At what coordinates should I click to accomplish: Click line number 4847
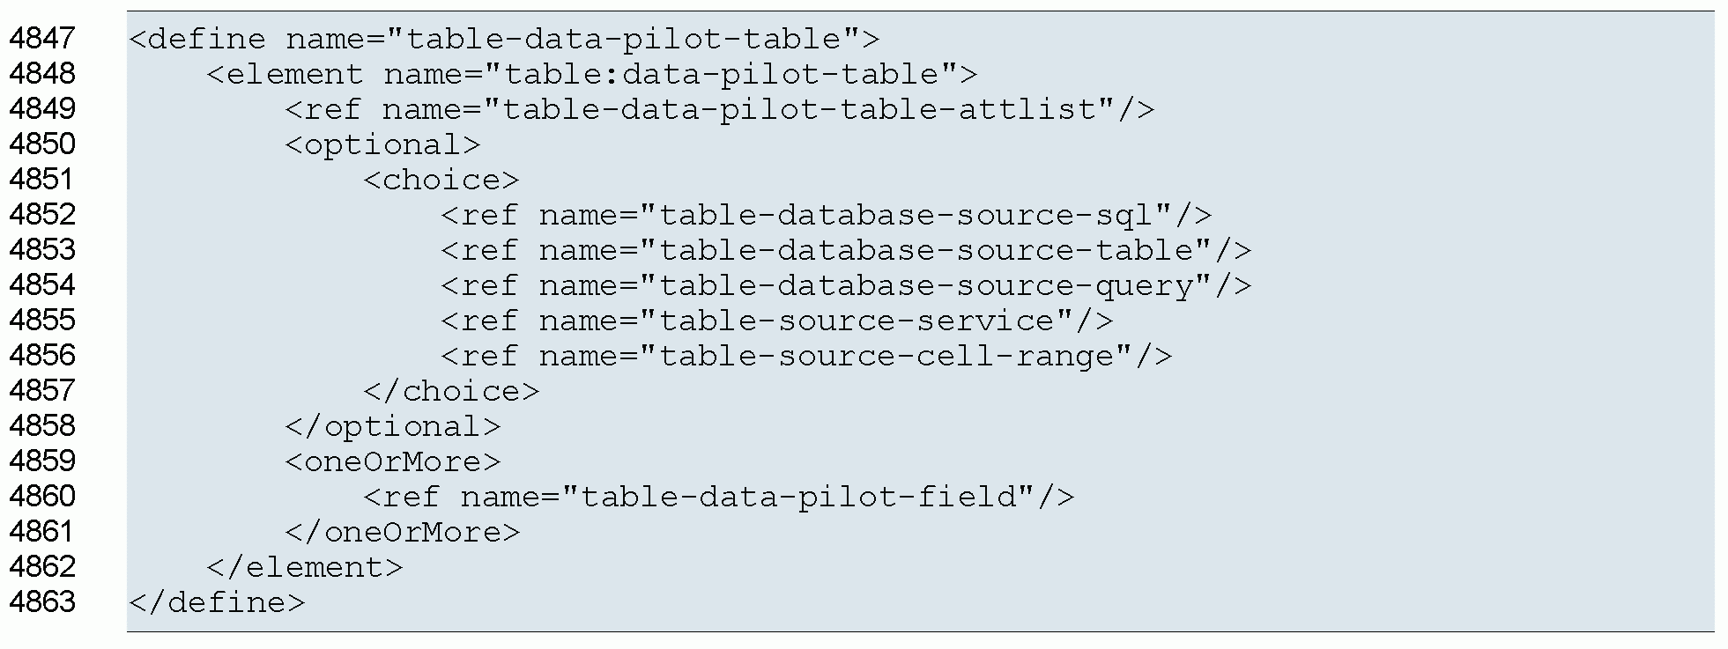(x=42, y=39)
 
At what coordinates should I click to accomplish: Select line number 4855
(x=42, y=321)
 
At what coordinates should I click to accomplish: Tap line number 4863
(x=42, y=602)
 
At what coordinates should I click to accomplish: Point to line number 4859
(x=42, y=461)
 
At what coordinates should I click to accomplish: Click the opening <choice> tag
(x=441, y=180)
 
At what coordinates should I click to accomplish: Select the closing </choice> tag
(x=450, y=391)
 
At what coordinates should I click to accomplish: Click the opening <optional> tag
(x=382, y=144)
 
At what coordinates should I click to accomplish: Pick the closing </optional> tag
(x=392, y=426)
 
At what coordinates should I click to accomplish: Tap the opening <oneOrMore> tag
(x=392, y=461)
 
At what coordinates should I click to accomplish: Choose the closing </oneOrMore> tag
(x=402, y=532)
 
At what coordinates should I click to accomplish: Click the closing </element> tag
(x=304, y=567)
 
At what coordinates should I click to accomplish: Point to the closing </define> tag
(x=217, y=602)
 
